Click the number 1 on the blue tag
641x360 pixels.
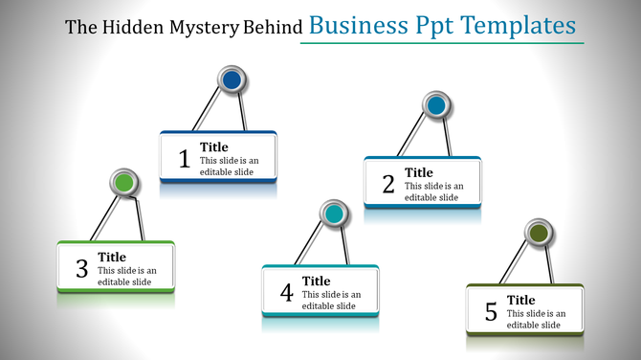185,159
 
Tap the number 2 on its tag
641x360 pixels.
388,184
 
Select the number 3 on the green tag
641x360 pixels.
81,269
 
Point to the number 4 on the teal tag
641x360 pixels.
286,293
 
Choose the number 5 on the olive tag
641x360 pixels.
491,312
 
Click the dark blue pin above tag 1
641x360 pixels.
232,80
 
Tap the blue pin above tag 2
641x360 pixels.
436,105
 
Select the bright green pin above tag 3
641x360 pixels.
123,182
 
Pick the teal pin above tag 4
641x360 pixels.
333,214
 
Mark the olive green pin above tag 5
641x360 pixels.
539,233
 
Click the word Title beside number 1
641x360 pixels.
214,147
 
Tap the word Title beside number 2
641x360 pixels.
419,172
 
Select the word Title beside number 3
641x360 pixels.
112,257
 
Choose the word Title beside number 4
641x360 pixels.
317,281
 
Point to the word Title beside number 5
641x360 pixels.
521,300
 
